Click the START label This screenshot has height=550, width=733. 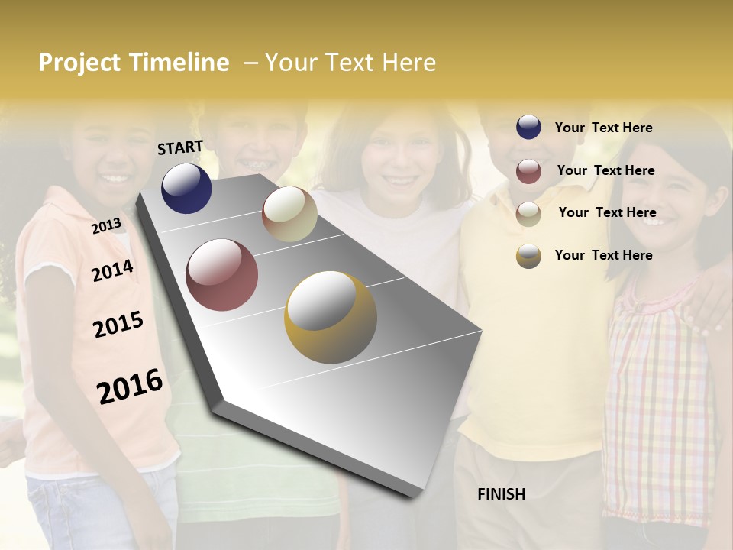pyautogui.click(x=180, y=147)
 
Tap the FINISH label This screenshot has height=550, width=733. pyautogui.click(x=502, y=494)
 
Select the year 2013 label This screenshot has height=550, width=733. pyautogui.click(x=107, y=226)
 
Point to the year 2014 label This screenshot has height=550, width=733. pyautogui.click(x=113, y=270)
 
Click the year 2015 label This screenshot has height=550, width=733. pyautogui.click(x=118, y=325)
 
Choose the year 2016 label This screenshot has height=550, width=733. pyautogui.click(x=130, y=386)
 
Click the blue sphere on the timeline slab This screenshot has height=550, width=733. pyautogui.click(x=186, y=188)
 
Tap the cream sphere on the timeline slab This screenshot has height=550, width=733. pyautogui.click(x=289, y=214)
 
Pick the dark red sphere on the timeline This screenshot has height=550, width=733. pyautogui.click(x=222, y=275)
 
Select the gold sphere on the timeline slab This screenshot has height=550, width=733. pyautogui.click(x=331, y=317)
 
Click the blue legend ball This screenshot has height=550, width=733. pyautogui.click(x=528, y=128)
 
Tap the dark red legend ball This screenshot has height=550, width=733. pyautogui.click(x=528, y=171)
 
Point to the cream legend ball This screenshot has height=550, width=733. pyautogui.click(x=528, y=214)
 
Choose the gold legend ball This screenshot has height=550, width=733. pyautogui.click(x=528, y=256)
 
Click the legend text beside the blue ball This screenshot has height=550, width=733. pyautogui.click(x=603, y=128)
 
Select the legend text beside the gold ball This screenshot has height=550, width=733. pyautogui.click(x=603, y=255)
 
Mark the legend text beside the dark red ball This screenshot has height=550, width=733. pyautogui.click(x=605, y=170)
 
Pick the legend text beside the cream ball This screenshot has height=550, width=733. pyautogui.click(x=607, y=212)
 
